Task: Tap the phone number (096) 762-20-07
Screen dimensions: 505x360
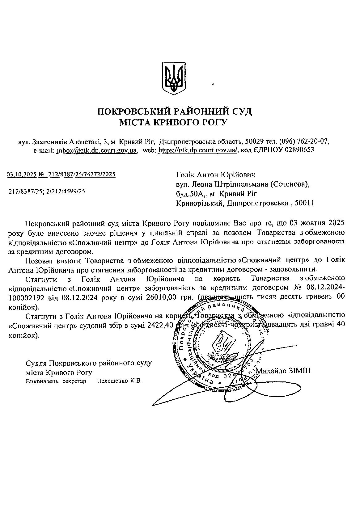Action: pyautogui.click(x=303, y=141)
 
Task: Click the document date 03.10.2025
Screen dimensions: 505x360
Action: pyautogui.click(x=22, y=175)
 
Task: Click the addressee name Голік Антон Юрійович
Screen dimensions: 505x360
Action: pyautogui.click(x=215, y=175)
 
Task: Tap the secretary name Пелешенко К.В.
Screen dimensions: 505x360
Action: pyautogui.click(x=119, y=381)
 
